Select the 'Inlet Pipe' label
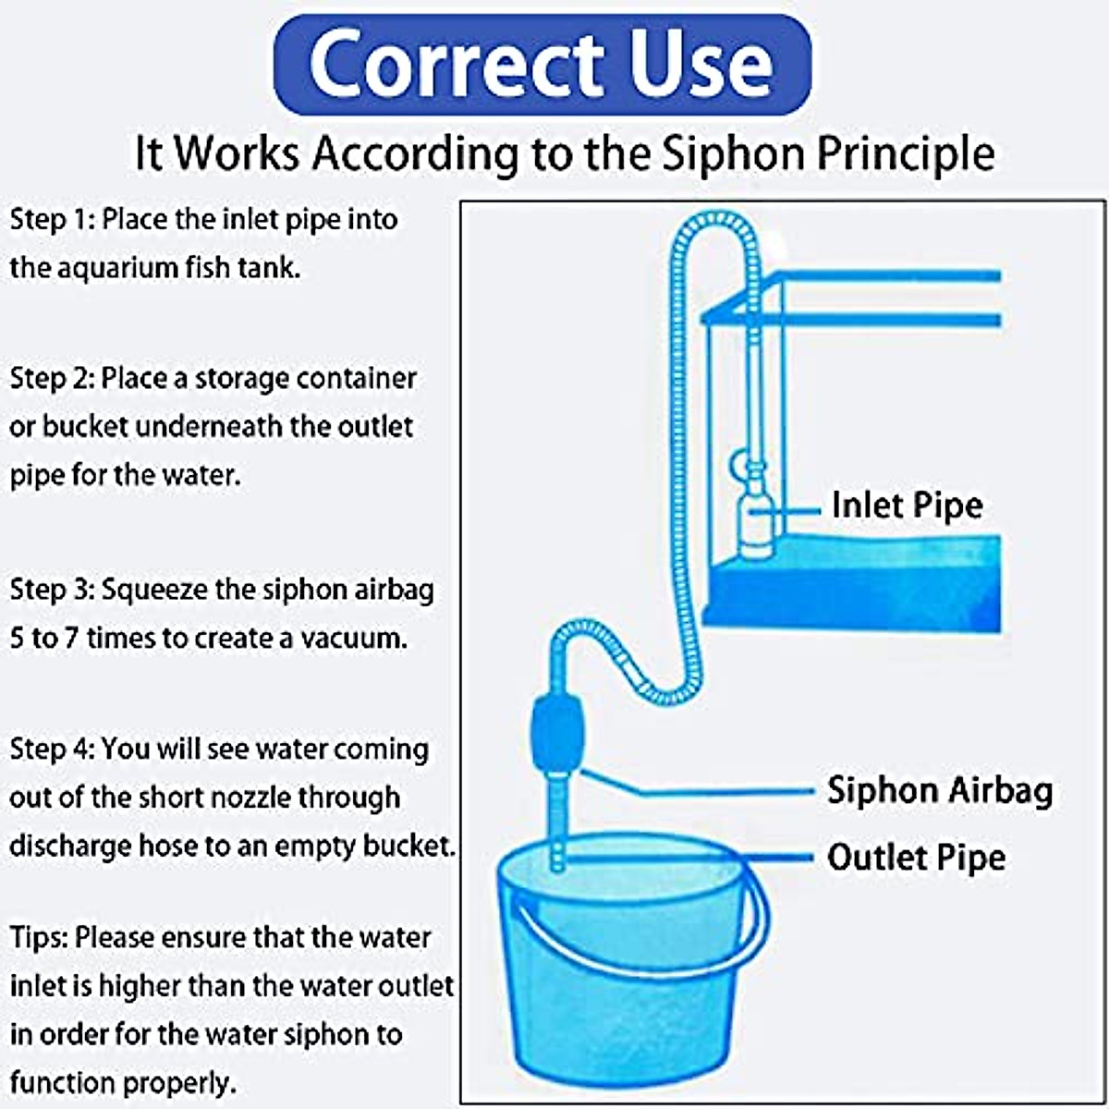(x=907, y=506)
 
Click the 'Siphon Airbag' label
(x=939, y=791)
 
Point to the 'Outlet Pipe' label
(x=916, y=858)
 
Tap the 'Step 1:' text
(x=52, y=220)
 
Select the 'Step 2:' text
(x=52, y=379)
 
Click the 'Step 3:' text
(x=52, y=590)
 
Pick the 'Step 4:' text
(x=52, y=749)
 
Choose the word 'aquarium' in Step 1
(x=116, y=268)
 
